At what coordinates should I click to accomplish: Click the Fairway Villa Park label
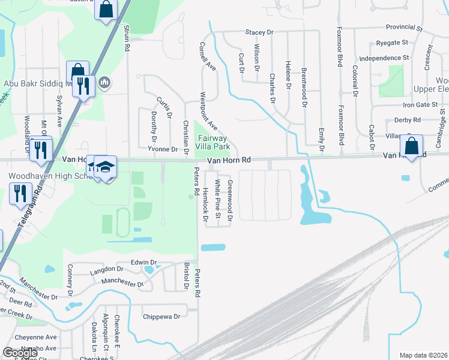point(214,142)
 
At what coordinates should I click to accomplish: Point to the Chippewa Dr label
point(161,316)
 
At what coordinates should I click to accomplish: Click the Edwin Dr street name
point(143,262)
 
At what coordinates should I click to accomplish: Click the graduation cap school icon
point(105,167)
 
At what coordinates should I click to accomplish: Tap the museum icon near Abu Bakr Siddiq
point(104,82)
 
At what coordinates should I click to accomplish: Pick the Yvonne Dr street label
point(163,149)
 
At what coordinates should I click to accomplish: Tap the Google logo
point(20,353)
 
